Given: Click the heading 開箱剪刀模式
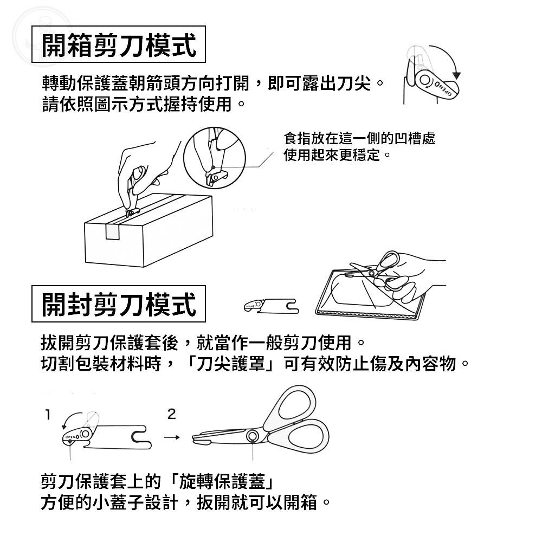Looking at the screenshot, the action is click(x=119, y=44).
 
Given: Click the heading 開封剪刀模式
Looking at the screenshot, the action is click(x=119, y=304).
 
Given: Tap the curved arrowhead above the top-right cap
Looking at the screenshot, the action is click(x=457, y=76).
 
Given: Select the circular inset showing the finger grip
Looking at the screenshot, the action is click(x=214, y=158).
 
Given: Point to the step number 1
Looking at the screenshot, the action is click(x=48, y=415).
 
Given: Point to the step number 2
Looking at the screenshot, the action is click(x=171, y=414).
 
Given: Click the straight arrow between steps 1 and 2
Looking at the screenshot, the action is click(x=172, y=437).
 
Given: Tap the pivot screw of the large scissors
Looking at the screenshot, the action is click(x=253, y=435).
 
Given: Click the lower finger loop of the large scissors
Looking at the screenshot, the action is click(x=304, y=436).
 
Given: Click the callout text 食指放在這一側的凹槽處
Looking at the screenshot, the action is click(x=359, y=138).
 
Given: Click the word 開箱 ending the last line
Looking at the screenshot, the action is click(x=300, y=502).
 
